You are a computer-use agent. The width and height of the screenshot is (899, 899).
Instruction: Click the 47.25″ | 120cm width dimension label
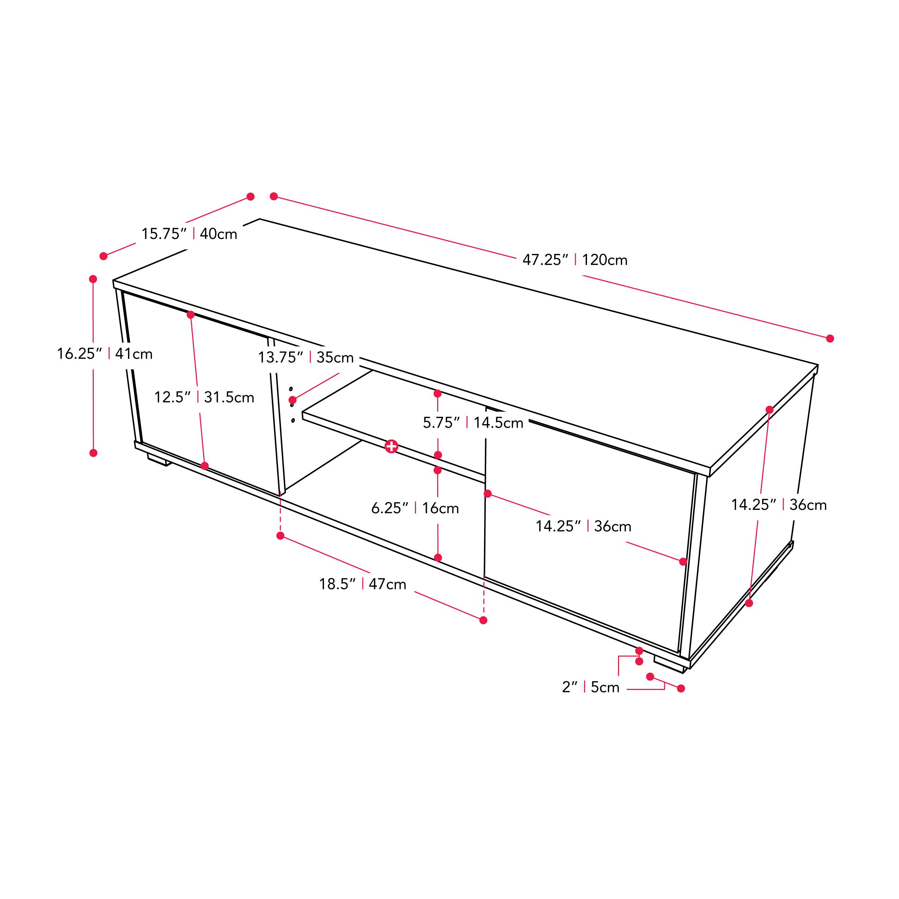[575, 259]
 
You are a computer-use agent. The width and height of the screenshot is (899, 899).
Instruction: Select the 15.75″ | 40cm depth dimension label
[189, 234]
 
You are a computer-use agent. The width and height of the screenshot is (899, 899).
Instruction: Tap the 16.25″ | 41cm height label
[105, 354]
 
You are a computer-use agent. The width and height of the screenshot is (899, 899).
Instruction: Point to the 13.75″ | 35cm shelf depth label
[306, 357]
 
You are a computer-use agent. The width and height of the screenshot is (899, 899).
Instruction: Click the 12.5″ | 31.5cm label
[204, 397]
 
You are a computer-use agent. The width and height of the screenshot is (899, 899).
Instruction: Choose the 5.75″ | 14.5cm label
[473, 422]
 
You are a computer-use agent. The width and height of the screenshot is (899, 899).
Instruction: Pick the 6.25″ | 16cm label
[415, 508]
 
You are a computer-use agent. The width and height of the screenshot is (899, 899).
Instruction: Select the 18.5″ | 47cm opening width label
[362, 584]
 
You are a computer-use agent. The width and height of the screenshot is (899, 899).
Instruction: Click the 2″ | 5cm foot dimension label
[591, 687]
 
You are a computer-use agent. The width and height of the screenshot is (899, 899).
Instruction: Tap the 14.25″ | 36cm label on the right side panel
[779, 505]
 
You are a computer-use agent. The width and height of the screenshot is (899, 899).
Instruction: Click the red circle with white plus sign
[391, 447]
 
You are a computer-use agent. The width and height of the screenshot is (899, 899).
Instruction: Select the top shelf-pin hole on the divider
[291, 389]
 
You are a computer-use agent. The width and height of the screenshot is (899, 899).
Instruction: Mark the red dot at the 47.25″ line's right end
[830, 338]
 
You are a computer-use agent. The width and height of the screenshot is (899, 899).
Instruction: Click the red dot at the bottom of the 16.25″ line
[93, 453]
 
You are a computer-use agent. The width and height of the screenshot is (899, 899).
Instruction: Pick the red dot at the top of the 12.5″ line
[190, 314]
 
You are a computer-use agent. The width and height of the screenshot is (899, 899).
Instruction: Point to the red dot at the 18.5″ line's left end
[280, 536]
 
